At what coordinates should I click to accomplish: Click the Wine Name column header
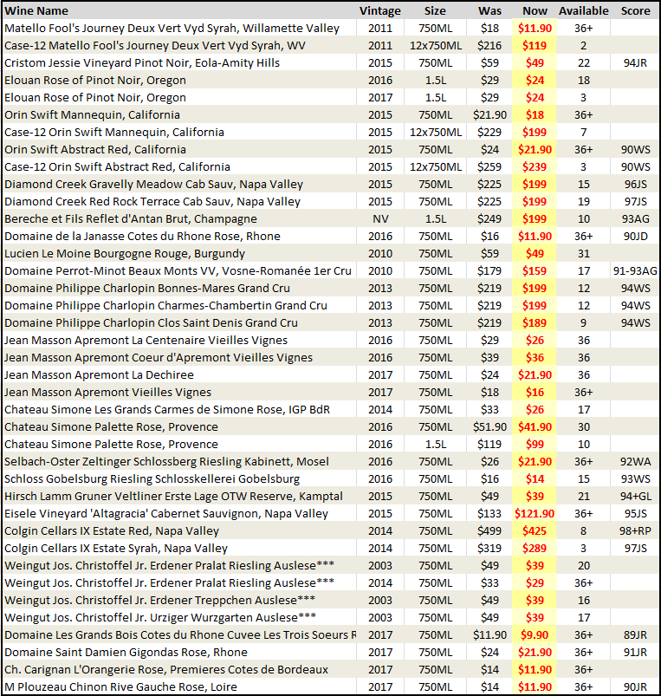click(36, 10)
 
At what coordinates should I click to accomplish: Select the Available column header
click(583, 10)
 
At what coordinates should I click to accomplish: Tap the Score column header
click(635, 10)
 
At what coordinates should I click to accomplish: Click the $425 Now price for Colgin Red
click(535, 530)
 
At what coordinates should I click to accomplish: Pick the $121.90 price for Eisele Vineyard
click(535, 514)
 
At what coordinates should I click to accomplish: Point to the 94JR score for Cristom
click(635, 63)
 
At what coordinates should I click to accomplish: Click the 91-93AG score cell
click(635, 270)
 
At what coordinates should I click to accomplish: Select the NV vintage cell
click(380, 218)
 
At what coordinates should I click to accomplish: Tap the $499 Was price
click(489, 530)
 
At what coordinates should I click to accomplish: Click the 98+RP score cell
click(635, 530)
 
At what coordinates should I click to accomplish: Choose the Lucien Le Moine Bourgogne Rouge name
click(125, 253)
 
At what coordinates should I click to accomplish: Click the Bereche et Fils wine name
click(131, 218)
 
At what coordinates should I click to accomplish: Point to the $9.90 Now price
click(535, 634)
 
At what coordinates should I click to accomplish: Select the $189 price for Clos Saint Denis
click(535, 322)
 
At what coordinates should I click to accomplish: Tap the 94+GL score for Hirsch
click(635, 497)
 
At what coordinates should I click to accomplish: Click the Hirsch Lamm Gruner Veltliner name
click(173, 497)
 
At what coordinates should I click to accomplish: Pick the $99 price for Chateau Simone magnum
click(535, 445)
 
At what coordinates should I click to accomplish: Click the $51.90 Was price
click(489, 427)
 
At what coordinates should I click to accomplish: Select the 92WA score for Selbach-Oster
click(635, 462)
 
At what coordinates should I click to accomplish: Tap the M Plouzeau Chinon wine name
click(120, 687)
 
